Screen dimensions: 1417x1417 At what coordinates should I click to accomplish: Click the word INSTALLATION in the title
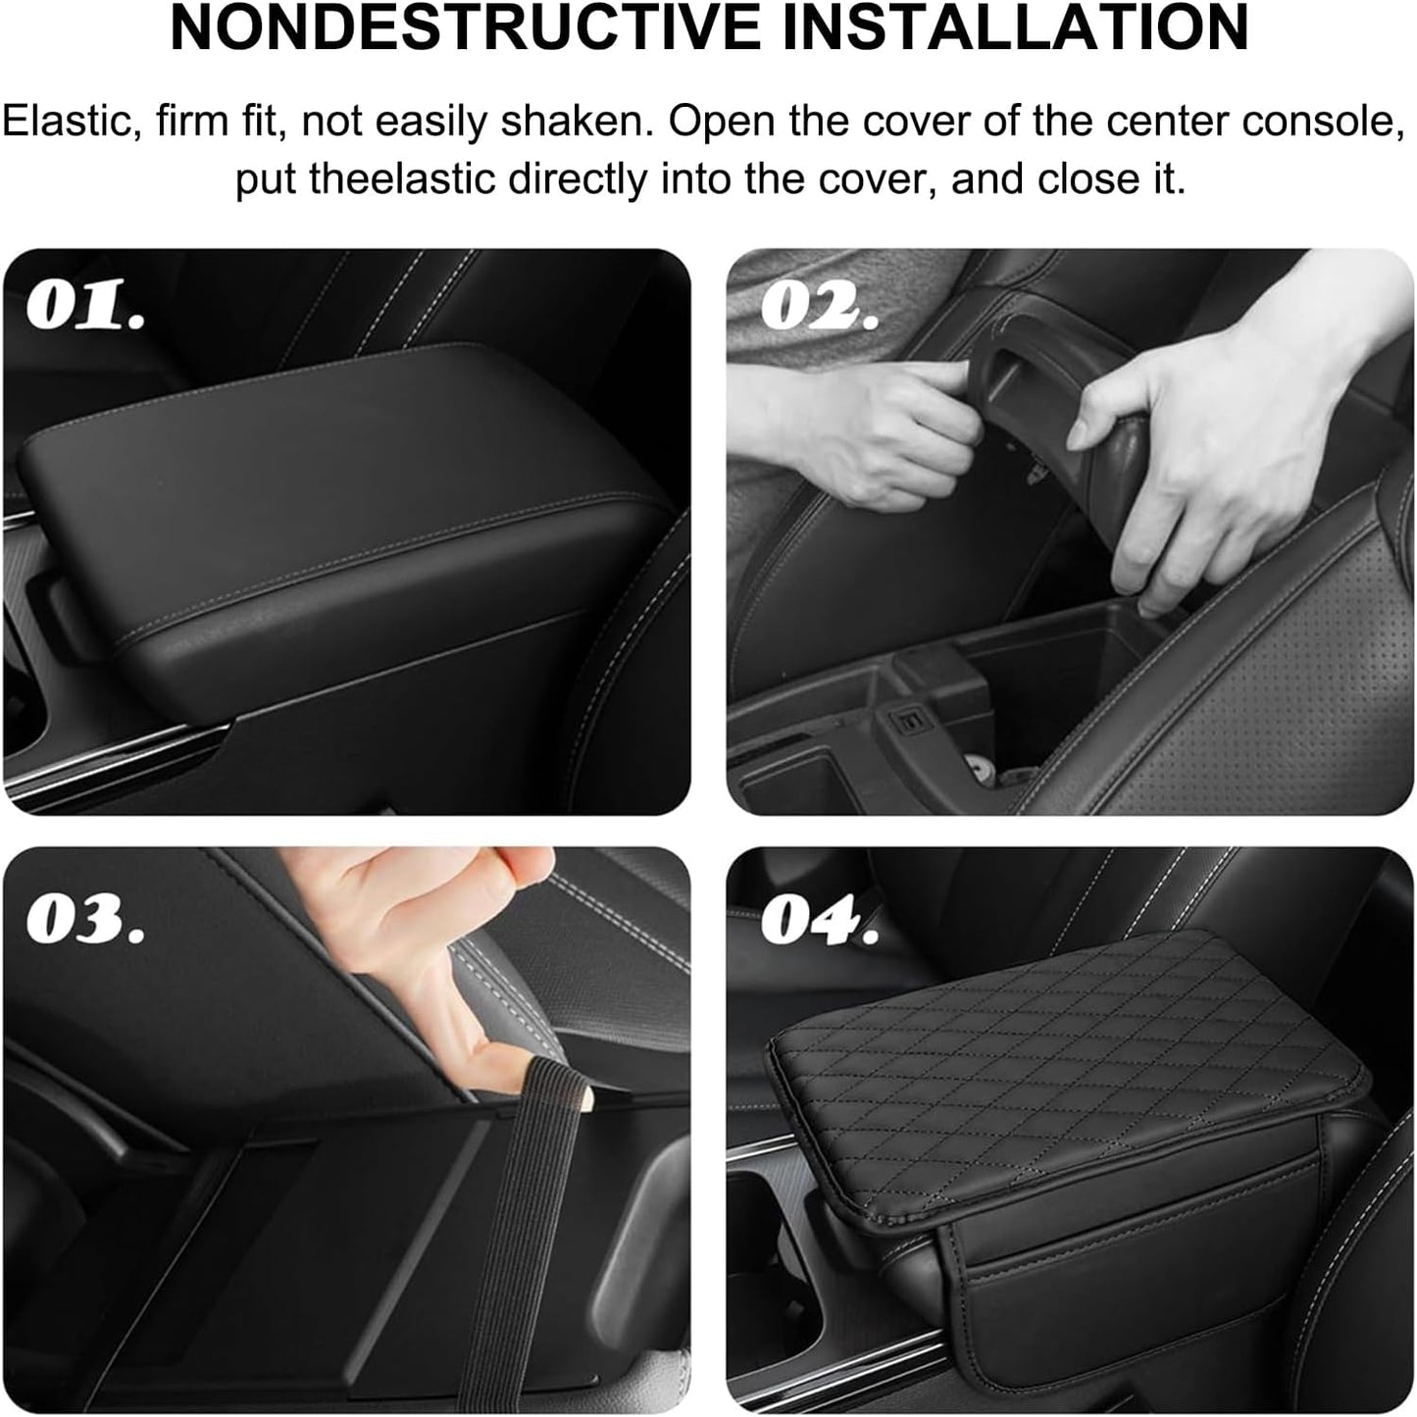coord(1014,29)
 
